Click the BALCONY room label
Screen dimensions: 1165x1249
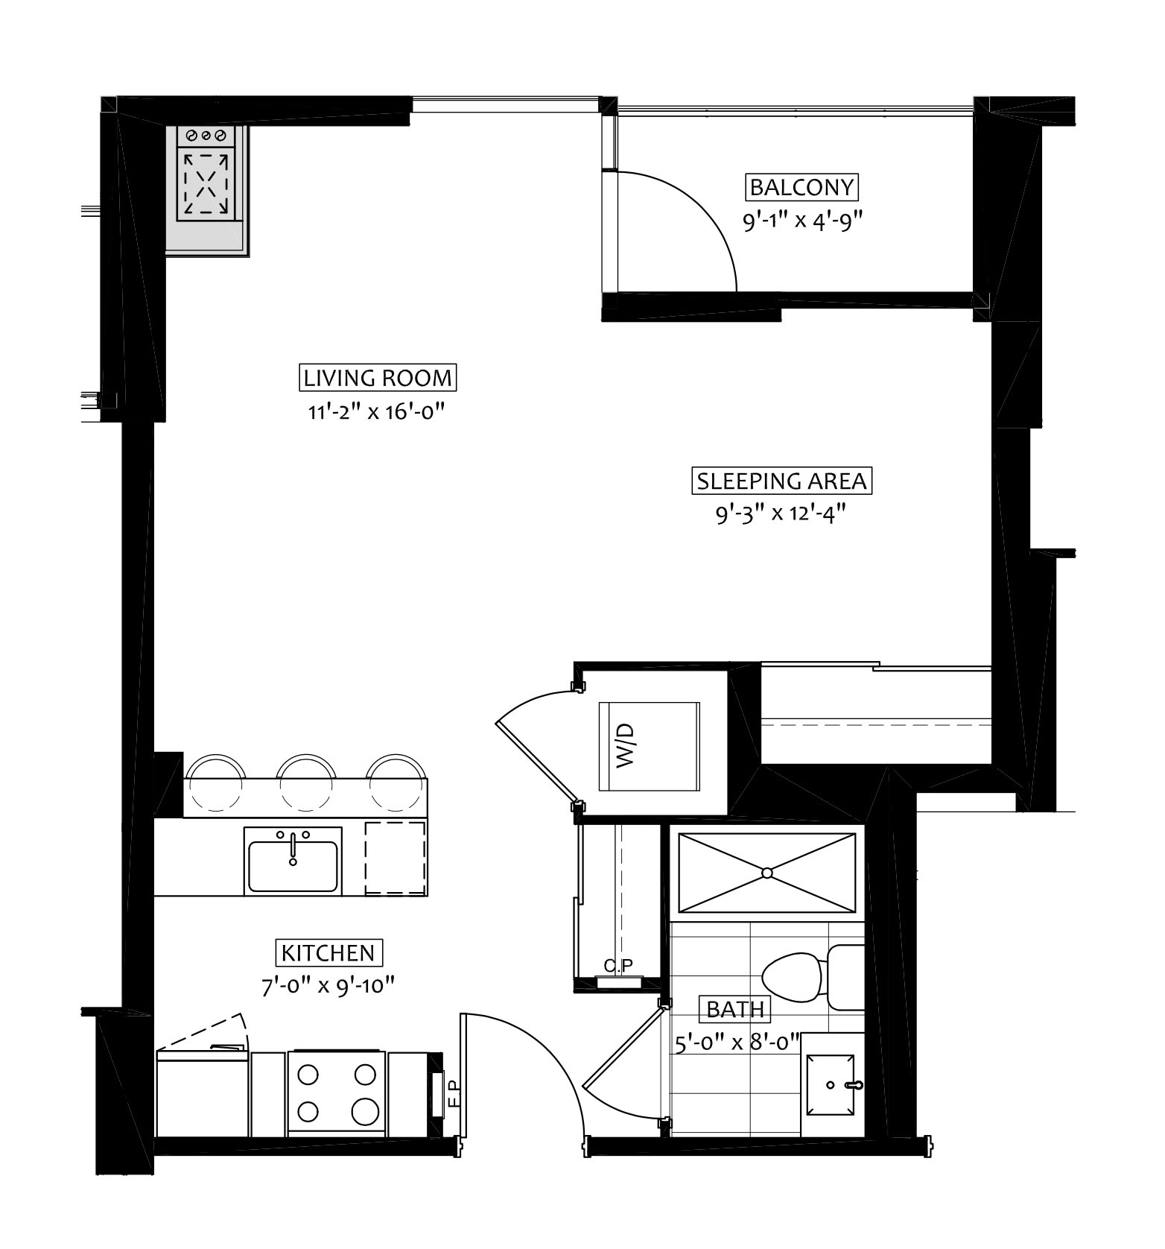pos(801,186)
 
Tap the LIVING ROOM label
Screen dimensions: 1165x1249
pos(378,378)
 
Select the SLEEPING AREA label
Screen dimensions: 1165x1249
pos(782,481)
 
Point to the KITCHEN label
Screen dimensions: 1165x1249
pos(328,952)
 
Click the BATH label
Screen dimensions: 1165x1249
pos(735,1009)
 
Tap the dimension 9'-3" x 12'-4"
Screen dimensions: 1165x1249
pos(781,514)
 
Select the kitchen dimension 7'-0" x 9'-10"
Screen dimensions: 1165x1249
pos(328,986)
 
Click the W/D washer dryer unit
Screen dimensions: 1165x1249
pos(650,746)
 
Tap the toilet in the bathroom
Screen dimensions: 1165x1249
pos(812,976)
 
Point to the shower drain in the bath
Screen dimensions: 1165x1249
pos(767,872)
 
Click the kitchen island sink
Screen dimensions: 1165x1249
pos(293,861)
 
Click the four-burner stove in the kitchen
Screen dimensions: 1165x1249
pos(337,1093)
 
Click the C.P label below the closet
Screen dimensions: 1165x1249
pos(618,966)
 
